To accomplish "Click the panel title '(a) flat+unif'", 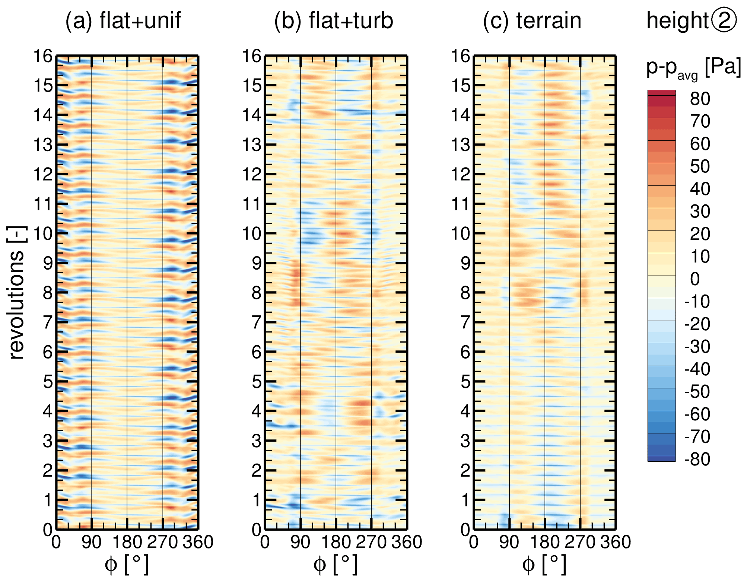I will coord(123,20).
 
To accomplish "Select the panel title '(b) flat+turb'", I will coord(333,20).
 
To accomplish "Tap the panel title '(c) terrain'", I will coord(532,20).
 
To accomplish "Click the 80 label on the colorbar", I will coord(700,99).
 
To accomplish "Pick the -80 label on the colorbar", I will coord(697,459).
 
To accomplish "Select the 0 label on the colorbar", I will coord(695,279).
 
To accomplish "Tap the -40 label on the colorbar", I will coord(697,369).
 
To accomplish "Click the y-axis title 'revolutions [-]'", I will coord(17,293).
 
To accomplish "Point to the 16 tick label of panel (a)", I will coord(43,56).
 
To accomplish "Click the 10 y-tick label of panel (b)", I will coord(252,234).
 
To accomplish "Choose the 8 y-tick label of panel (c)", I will coord(465,293).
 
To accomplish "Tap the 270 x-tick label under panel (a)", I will coord(162,542).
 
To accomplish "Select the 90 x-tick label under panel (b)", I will coord(300,542).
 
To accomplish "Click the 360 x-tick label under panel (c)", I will coord(616,542).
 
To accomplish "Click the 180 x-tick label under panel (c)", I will coord(544,542).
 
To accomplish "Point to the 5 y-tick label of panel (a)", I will coord(48,382).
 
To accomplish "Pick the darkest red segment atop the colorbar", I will coord(661,93).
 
